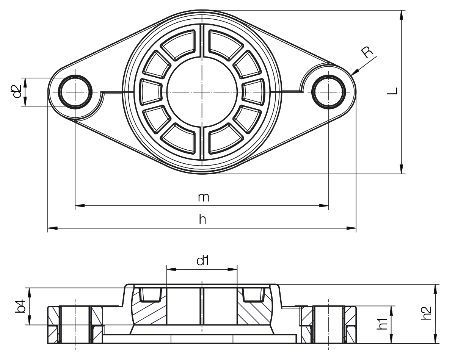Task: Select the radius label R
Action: pyautogui.click(x=367, y=52)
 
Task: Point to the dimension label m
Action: pyautogui.click(x=204, y=197)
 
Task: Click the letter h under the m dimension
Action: pyautogui.click(x=202, y=219)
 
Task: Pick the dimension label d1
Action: pyautogui.click(x=202, y=261)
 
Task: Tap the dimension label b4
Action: pyautogui.click(x=21, y=306)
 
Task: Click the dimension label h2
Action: pyautogui.click(x=426, y=313)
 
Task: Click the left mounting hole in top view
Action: pyautogui.click(x=75, y=92)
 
